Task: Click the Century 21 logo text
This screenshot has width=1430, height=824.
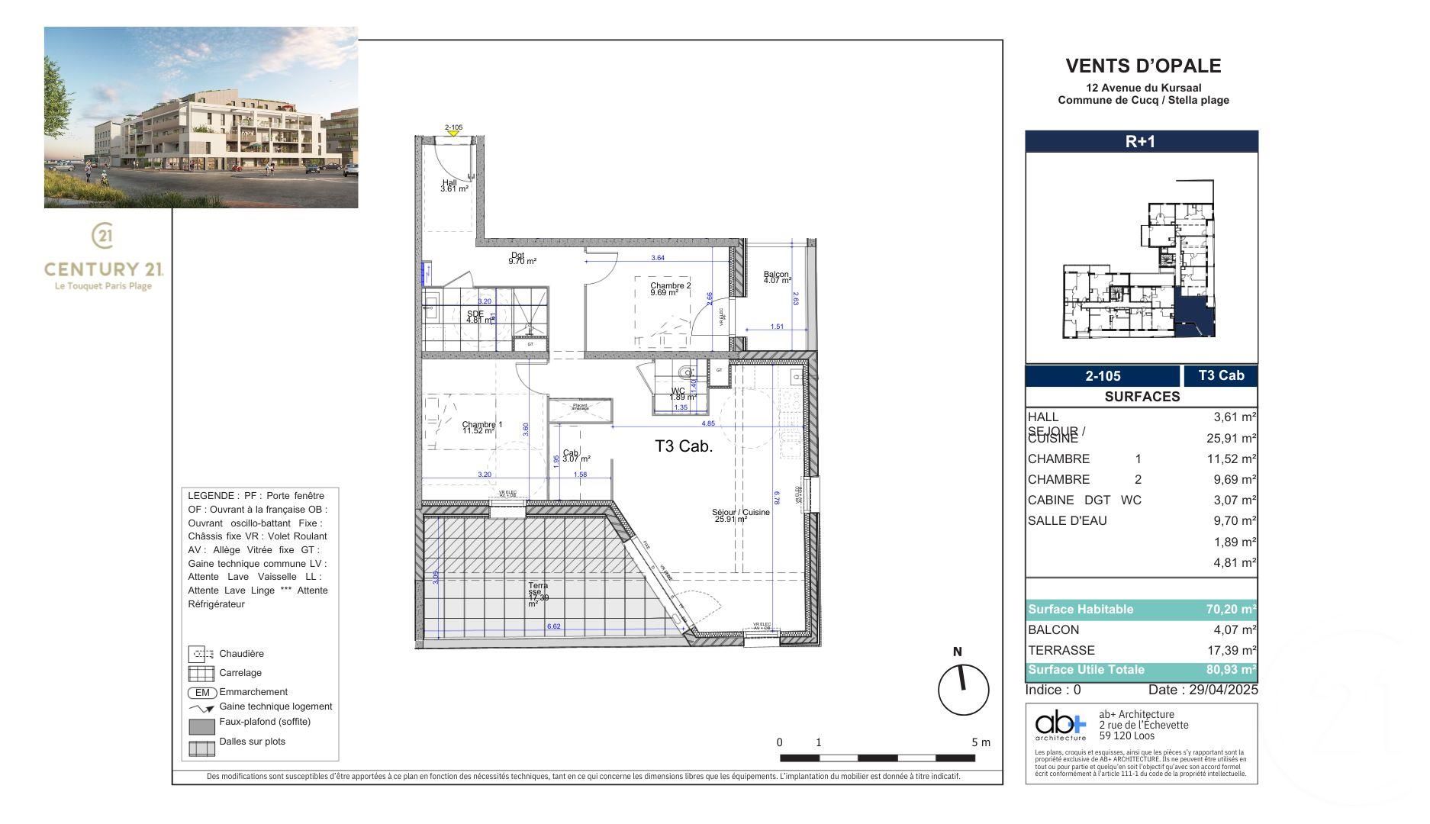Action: pyautogui.click(x=104, y=269)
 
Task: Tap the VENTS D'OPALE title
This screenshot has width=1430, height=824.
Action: pyautogui.click(x=1142, y=66)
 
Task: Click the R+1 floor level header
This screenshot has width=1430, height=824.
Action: pyautogui.click(x=1140, y=141)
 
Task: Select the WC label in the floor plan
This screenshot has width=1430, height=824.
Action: pyautogui.click(x=678, y=392)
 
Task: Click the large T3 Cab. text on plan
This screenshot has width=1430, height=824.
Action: pyautogui.click(x=684, y=447)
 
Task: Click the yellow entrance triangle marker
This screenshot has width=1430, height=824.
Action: pyautogui.click(x=453, y=134)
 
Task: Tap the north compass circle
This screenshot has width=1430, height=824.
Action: pyautogui.click(x=963, y=690)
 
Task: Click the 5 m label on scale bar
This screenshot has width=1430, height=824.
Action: pyautogui.click(x=981, y=742)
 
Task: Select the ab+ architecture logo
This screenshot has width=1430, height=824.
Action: pyautogui.click(x=1060, y=726)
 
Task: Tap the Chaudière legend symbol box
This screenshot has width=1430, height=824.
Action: pyautogui.click(x=201, y=654)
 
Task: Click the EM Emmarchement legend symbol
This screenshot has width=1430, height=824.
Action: pyautogui.click(x=202, y=693)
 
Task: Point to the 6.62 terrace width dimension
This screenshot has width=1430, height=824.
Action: pyautogui.click(x=553, y=626)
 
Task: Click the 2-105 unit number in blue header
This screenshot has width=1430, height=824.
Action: pyautogui.click(x=1103, y=376)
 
